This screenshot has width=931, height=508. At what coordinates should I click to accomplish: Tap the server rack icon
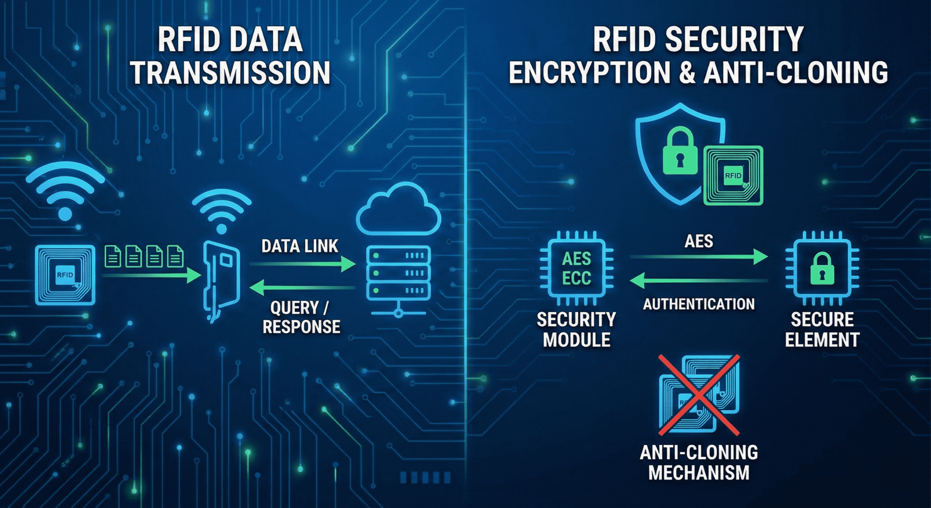399,273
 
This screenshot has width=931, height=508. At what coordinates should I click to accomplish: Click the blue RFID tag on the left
65,275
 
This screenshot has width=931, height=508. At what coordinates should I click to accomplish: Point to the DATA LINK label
300,246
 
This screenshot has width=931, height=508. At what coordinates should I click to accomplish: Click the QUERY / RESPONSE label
301,317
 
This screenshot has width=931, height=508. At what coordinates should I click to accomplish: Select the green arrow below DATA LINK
303,264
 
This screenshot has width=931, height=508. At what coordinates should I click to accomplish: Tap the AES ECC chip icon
576,268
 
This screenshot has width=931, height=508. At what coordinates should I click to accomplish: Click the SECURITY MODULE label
576,329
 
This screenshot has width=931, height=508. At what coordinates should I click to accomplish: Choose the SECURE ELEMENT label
822,329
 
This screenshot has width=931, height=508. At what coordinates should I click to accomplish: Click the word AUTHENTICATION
698,304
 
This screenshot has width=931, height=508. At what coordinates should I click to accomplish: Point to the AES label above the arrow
698,241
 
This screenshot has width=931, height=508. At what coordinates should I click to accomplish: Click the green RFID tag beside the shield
733,175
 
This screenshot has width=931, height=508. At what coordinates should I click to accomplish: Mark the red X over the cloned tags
699,395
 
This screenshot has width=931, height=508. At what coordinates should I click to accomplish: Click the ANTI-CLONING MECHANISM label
699,463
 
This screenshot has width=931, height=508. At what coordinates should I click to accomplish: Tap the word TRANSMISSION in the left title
230,73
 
